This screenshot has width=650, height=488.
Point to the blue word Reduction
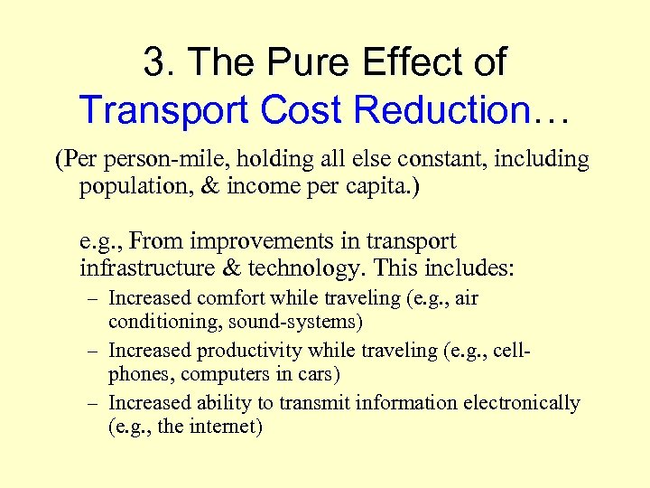441,110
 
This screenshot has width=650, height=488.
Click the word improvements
255,242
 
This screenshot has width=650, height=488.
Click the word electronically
525,403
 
